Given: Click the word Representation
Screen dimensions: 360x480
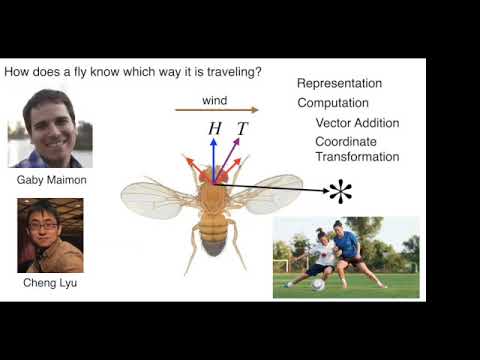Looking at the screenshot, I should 339,84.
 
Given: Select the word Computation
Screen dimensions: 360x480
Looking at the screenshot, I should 333,103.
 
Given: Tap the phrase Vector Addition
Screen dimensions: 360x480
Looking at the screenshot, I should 357,123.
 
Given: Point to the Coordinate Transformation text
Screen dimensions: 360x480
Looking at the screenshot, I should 357,149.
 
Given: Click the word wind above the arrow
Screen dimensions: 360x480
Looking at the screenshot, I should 215,100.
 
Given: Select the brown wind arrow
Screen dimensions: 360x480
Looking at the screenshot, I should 216,110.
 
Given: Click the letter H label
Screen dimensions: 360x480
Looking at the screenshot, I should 214,129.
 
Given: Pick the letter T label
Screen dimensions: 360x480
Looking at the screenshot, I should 242,129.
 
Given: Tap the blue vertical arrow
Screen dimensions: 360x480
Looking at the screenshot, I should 213,155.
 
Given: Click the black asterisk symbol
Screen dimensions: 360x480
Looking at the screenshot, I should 340,190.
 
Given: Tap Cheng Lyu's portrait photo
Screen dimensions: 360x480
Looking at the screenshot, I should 49,236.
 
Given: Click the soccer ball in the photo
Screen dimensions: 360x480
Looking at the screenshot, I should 318,284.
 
